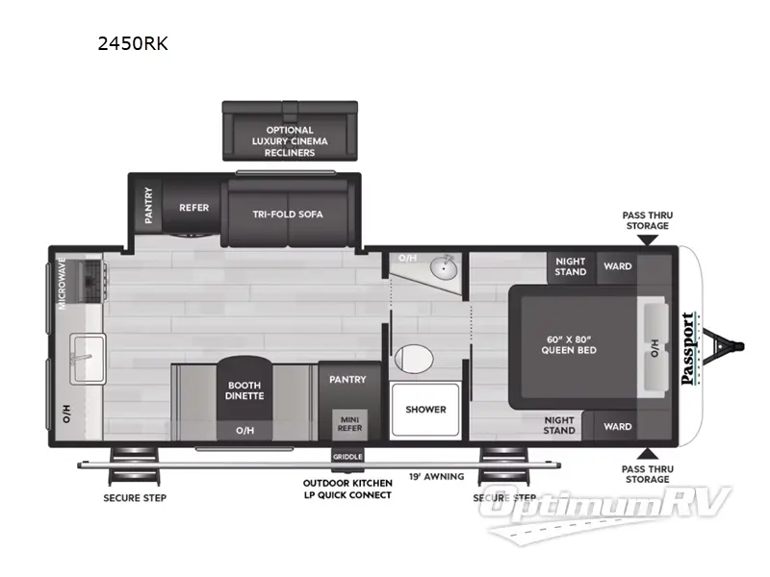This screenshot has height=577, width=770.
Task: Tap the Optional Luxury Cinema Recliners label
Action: tap(289, 141)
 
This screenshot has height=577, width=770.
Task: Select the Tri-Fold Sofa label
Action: tap(288, 213)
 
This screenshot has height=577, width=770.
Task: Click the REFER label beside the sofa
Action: tap(193, 208)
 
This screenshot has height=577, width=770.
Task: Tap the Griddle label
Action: tap(347, 456)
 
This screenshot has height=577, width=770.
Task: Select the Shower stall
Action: tap(425, 409)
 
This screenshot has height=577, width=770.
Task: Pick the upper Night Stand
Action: tap(571, 266)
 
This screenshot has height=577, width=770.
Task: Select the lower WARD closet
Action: tap(617, 426)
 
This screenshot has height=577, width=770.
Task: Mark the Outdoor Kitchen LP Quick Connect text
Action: tap(346, 489)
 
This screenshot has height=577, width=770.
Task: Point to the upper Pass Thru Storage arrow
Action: tap(646, 238)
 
